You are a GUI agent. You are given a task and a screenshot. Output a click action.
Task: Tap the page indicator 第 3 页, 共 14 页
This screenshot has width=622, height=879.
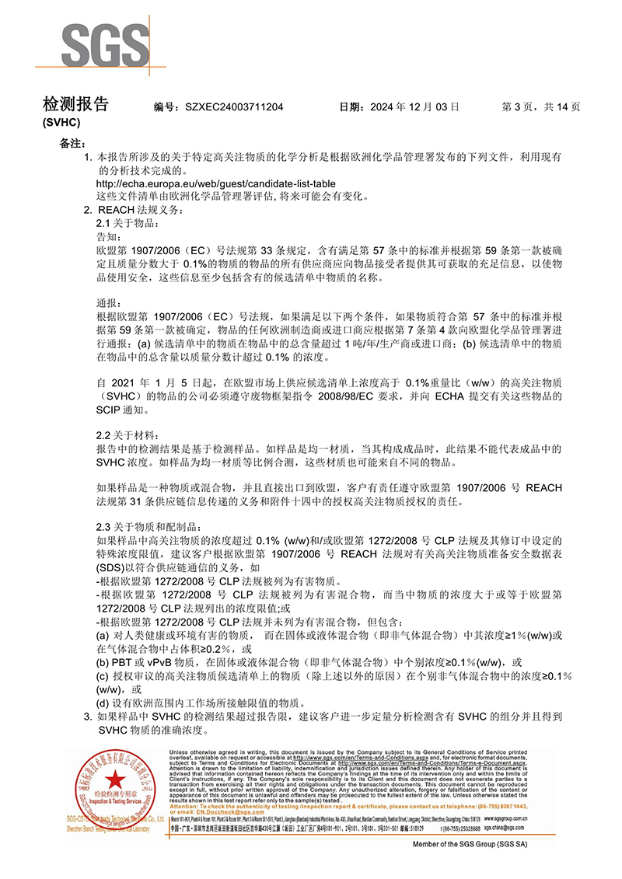tap(542, 106)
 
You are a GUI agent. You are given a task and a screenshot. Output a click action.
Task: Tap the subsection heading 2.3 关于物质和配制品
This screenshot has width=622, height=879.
tap(133, 527)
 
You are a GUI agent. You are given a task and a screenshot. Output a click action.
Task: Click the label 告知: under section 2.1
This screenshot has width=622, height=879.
tap(108, 236)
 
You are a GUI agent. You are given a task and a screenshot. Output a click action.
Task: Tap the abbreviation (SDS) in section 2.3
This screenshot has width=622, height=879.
tap(109, 567)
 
